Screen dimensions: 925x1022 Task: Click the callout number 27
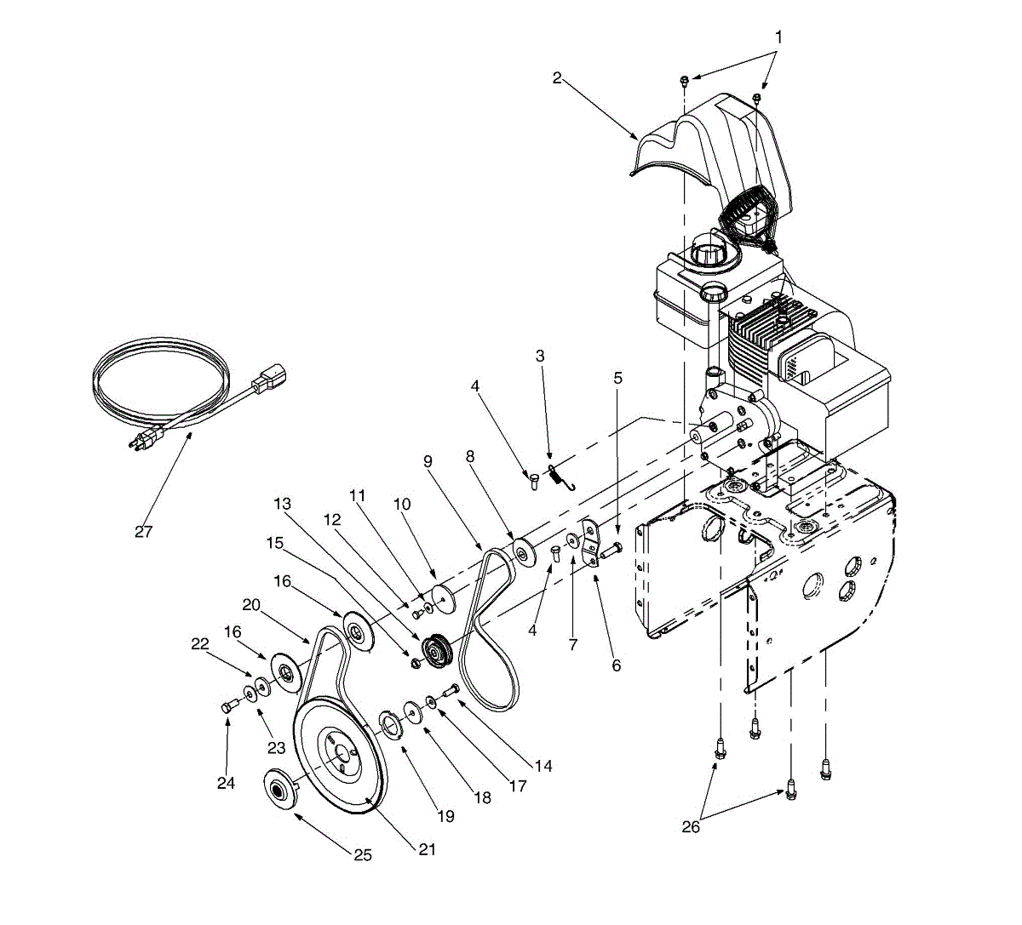[x=143, y=532]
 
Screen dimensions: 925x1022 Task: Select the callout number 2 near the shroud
[x=557, y=78]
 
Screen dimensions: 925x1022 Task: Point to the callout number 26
[x=691, y=826]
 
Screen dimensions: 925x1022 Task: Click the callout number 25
[x=363, y=855]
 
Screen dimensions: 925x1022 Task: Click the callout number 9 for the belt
[x=428, y=461]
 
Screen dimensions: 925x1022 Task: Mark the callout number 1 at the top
[x=778, y=37]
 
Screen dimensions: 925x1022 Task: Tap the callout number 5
[x=618, y=377]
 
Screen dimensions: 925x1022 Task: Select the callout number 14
[x=543, y=766]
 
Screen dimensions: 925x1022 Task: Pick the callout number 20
[x=250, y=604]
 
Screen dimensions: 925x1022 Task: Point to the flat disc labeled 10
[x=444, y=596]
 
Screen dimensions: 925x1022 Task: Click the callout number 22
[x=200, y=644]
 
